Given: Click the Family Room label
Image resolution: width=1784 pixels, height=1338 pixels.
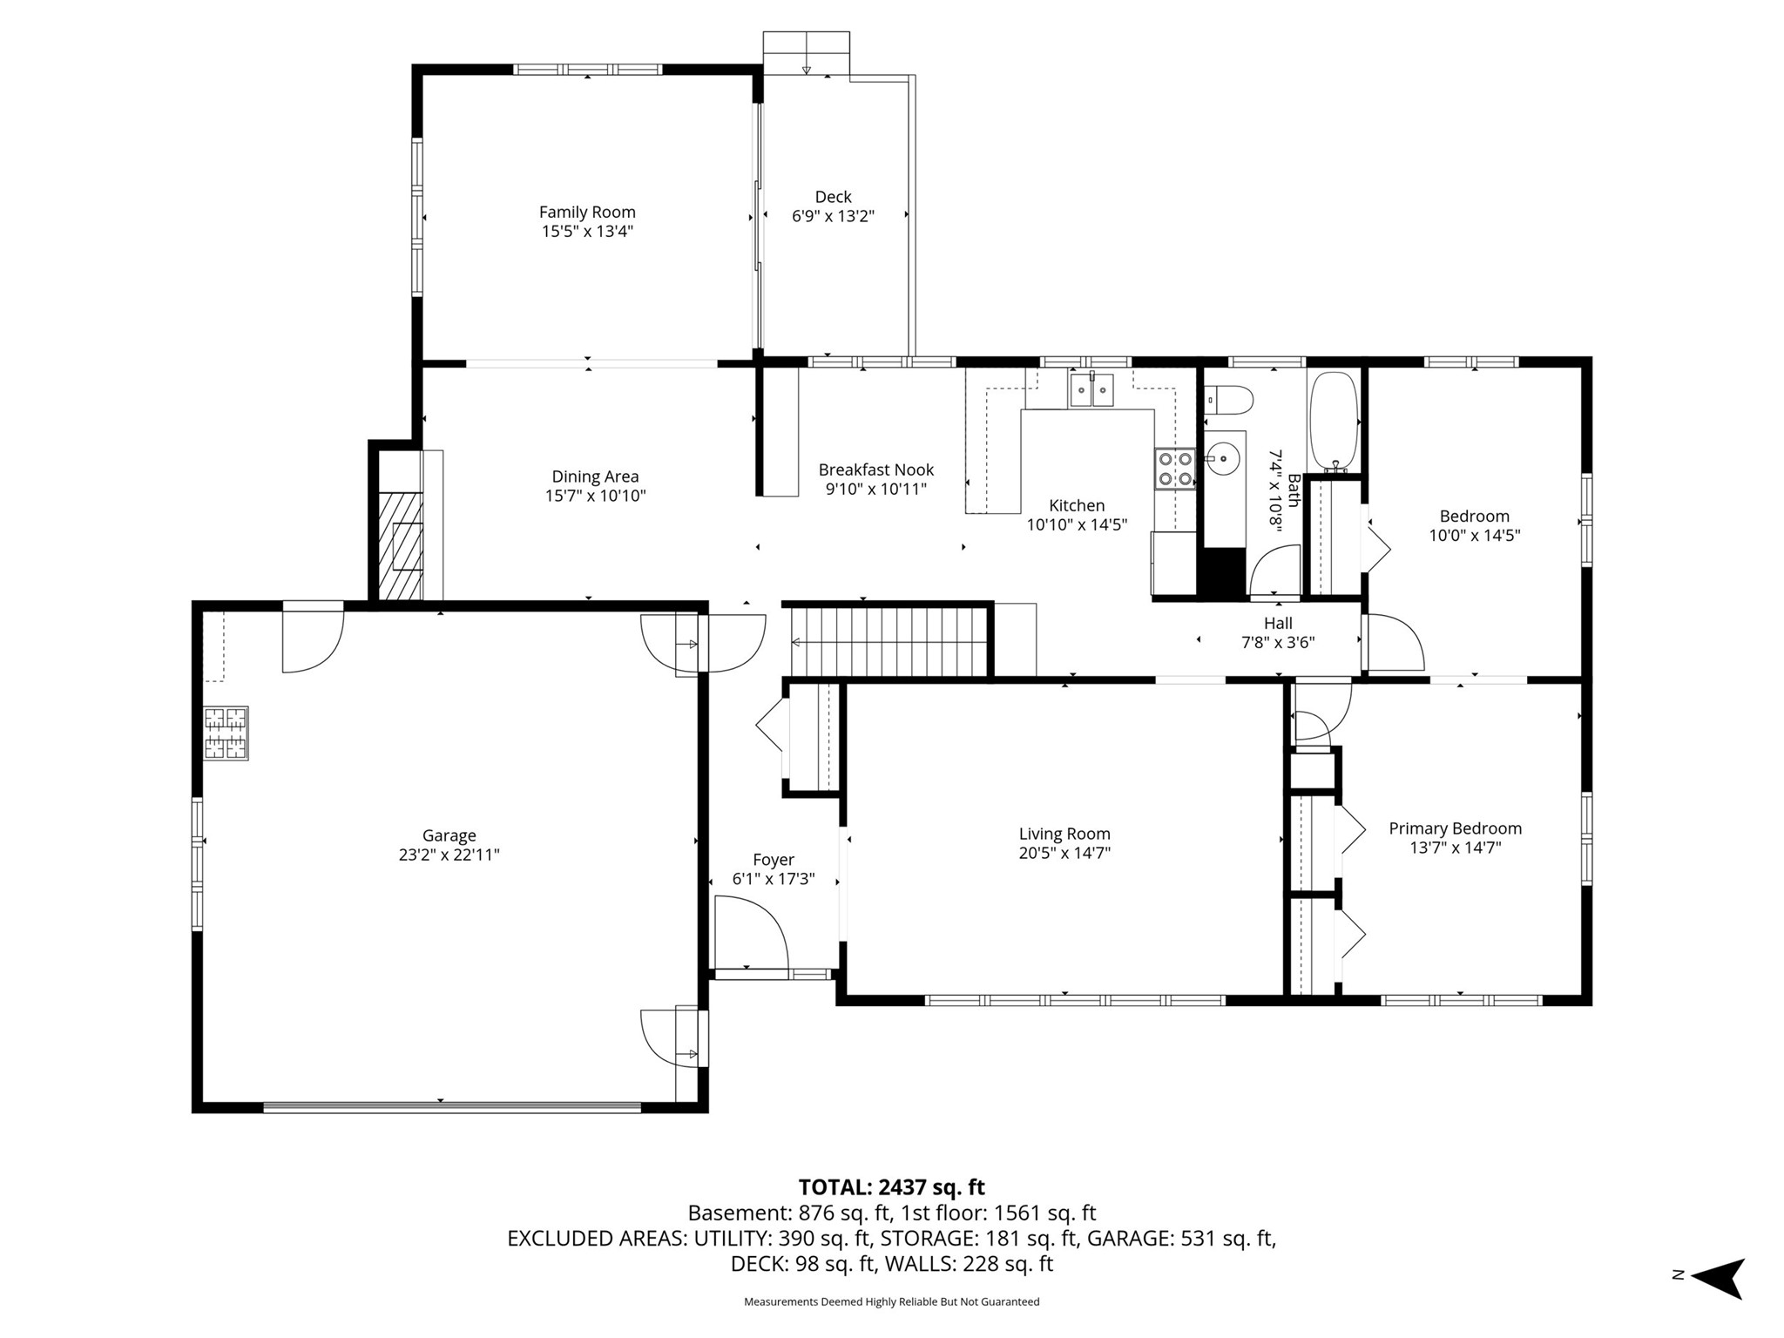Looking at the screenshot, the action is tap(587, 212).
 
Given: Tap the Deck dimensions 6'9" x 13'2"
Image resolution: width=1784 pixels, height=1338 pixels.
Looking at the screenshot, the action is tap(833, 216).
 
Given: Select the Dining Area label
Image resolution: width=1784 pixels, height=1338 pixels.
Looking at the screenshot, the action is tap(595, 476).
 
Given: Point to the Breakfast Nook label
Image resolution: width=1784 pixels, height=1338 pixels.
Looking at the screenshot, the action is tap(876, 470).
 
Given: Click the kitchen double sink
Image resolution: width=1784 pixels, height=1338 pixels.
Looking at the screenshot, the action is tap(1091, 389).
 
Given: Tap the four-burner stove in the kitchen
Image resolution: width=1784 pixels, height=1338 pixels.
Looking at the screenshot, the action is tap(1175, 468).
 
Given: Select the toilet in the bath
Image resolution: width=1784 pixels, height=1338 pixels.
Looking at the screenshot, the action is tap(1229, 401).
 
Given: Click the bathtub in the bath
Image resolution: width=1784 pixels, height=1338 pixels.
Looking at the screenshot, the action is tap(1334, 422).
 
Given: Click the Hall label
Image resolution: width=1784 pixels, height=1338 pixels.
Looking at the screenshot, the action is tap(1278, 623).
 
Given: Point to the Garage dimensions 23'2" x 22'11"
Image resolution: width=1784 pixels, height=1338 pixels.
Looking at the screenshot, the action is tap(449, 855).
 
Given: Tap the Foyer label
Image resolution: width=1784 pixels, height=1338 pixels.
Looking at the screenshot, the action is tap(774, 860).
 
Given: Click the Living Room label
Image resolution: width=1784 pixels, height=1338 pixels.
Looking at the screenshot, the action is tap(1064, 834).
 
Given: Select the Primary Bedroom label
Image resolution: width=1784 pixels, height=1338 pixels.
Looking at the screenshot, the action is tap(1455, 828).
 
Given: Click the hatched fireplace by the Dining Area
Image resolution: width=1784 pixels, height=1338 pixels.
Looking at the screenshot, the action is tap(401, 545).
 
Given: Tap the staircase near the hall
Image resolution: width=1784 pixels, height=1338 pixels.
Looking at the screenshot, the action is tap(888, 641).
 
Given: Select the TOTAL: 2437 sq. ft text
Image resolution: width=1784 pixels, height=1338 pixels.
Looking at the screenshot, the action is tap(891, 1187).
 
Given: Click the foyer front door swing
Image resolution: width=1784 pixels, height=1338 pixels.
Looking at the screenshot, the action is tap(751, 933).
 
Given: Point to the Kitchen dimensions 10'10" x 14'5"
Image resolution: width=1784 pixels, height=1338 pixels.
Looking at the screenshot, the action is tap(1077, 524).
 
